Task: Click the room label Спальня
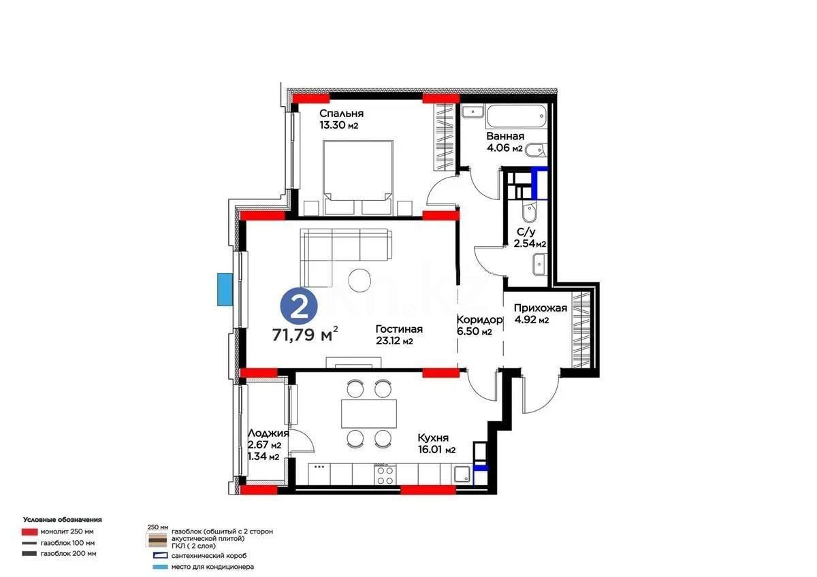coord(341,114)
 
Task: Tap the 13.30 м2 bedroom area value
coord(338,125)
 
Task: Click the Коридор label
coord(479,320)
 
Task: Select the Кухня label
coord(433,438)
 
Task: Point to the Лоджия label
coord(268,433)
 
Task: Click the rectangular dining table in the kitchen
coord(368,412)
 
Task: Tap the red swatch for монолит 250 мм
coord(29,531)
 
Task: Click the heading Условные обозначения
coord(62,519)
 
